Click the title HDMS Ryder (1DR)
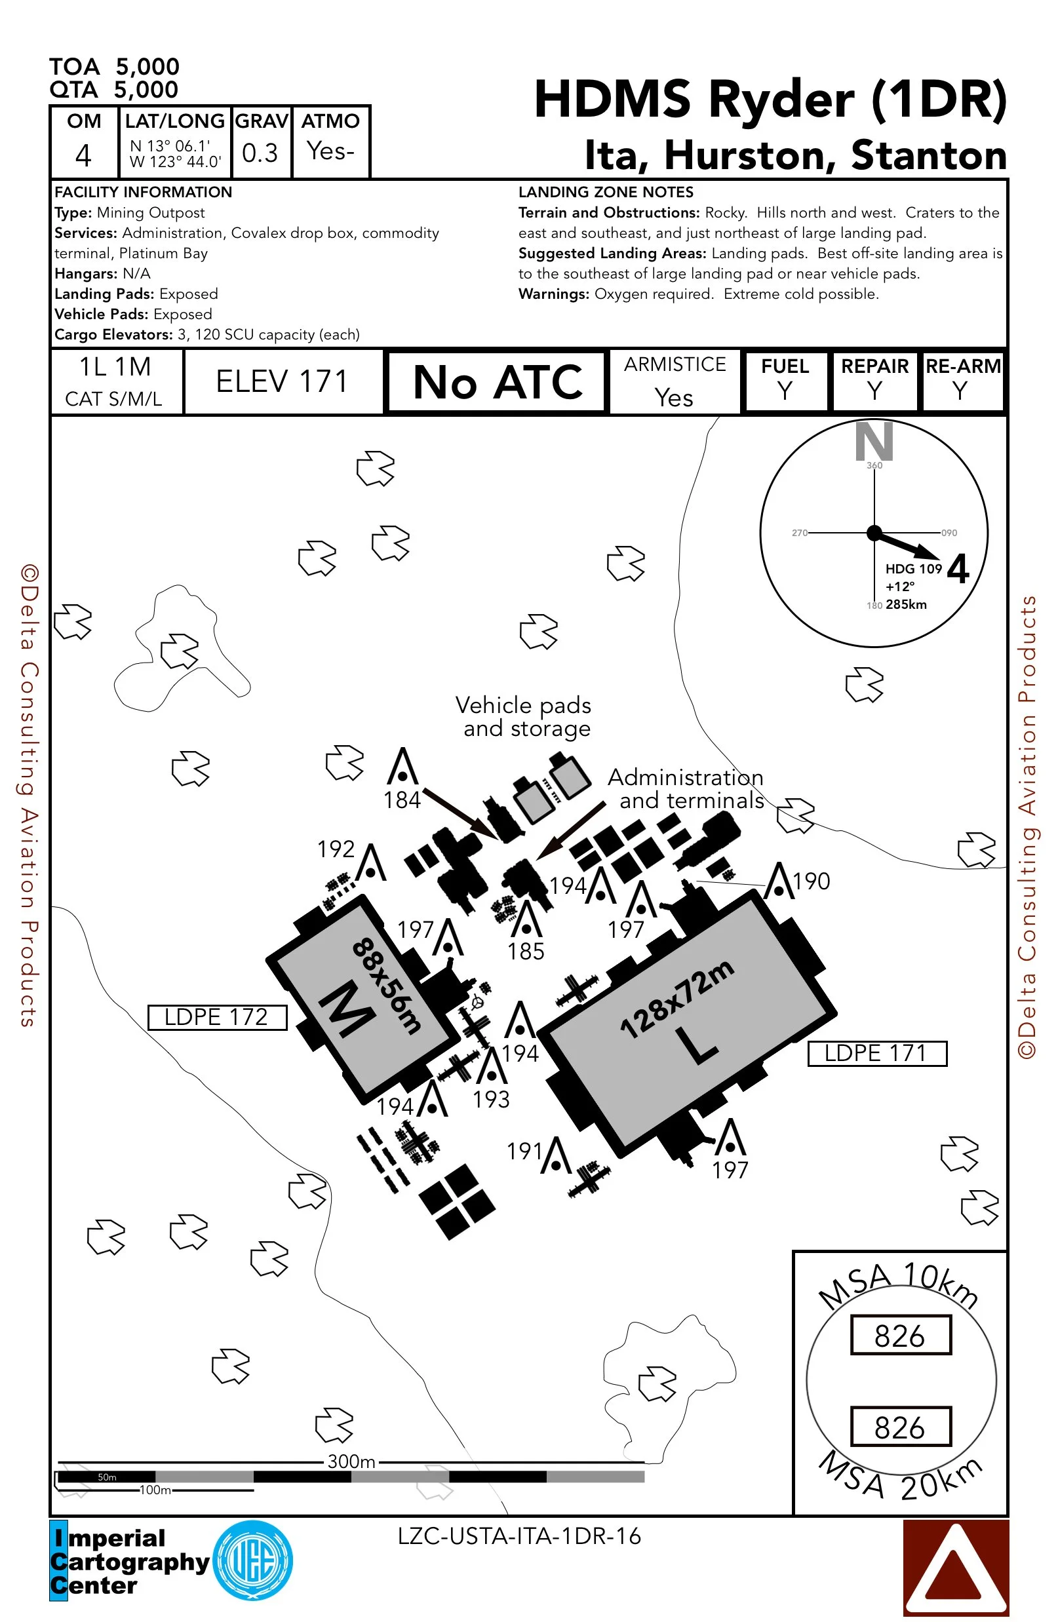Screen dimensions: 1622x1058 [770, 100]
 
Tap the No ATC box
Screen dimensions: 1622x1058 [497, 381]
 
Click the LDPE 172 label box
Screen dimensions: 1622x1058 [217, 1017]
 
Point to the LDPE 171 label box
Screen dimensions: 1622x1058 [876, 1053]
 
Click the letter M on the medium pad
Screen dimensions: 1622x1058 [346, 1009]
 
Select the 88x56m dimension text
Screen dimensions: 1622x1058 [387, 986]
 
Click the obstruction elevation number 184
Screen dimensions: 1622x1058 [402, 800]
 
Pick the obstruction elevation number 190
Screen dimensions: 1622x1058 [812, 881]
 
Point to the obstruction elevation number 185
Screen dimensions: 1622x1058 [526, 952]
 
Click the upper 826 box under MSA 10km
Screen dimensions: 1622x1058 [900, 1336]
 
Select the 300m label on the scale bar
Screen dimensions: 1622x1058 [351, 1461]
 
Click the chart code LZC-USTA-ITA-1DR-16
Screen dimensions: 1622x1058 [519, 1536]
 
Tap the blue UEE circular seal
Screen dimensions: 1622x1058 [253, 1560]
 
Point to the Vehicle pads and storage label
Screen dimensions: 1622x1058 [524, 716]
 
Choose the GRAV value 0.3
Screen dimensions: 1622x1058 [260, 153]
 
